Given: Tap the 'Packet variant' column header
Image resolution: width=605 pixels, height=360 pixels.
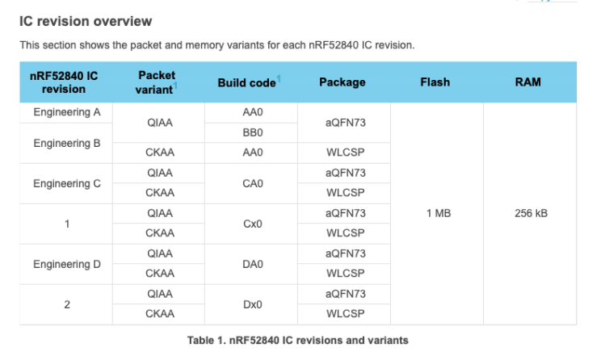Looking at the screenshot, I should tap(158, 82).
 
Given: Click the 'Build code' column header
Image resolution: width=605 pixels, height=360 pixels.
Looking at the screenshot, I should tap(246, 83).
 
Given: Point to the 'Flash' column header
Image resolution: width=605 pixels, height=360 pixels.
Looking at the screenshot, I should tap(435, 82).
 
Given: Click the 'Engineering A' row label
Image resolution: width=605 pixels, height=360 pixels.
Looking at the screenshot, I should tap(66, 112).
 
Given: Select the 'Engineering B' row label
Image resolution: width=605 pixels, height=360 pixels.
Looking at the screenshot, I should tap(66, 143).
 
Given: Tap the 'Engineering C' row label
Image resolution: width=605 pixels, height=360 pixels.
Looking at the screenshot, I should tap(66, 183).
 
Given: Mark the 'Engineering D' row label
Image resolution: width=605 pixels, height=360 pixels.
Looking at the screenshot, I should tap(66, 264).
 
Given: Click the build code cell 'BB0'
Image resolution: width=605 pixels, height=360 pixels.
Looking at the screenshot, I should tap(252, 132).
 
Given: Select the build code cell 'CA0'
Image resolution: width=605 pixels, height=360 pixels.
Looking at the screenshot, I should tap(252, 183).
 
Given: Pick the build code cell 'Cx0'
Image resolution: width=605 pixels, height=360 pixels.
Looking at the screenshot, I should tap(252, 224).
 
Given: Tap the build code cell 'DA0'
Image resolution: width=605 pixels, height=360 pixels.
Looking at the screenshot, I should tap(252, 264).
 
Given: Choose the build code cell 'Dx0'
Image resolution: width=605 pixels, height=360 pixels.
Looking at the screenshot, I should tap(252, 304).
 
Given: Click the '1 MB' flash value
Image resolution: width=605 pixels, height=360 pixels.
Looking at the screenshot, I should tap(437, 213).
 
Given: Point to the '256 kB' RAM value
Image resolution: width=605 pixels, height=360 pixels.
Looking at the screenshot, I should tap(530, 213).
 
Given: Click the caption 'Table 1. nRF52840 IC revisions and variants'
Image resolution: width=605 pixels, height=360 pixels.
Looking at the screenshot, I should tap(297, 340).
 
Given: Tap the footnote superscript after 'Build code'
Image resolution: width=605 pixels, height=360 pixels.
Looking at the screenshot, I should tap(279, 78).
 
